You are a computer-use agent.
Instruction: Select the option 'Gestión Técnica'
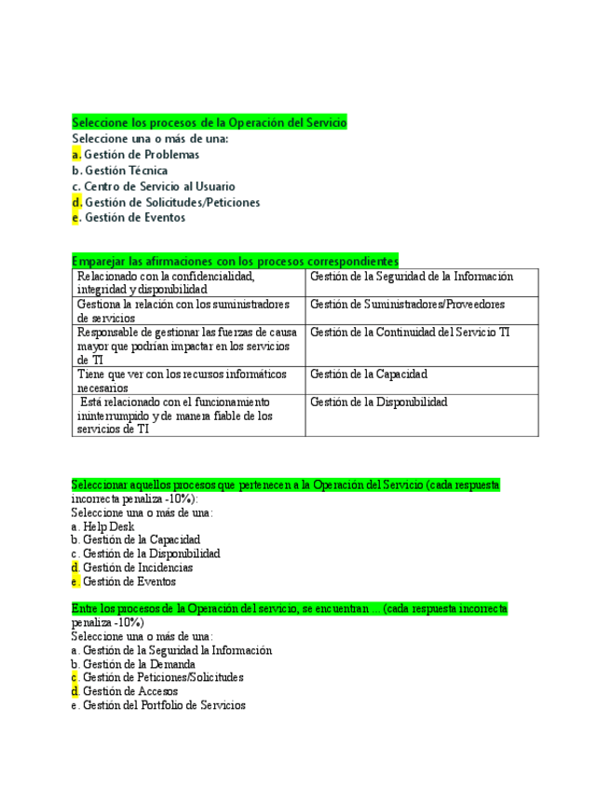click(x=126, y=170)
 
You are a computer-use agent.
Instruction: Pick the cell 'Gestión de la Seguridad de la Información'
click(x=411, y=277)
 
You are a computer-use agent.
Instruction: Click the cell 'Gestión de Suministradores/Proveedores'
click(x=407, y=305)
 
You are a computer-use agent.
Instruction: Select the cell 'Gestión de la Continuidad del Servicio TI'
click(x=410, y=333)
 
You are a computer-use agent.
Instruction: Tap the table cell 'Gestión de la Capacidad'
click(x=368, y=375)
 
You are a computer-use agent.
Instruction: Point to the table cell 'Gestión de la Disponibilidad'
click(x=378, y=402)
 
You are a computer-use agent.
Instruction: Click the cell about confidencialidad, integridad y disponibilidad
click(x=187, y=283)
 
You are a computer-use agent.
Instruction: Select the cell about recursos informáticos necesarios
click(x=187, y=381)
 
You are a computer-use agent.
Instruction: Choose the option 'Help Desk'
click(x=108, y=526)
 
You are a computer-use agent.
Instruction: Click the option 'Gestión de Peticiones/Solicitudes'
click(x=163, y=678)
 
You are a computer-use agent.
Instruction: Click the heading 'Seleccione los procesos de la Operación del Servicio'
click(x=210, y=123)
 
